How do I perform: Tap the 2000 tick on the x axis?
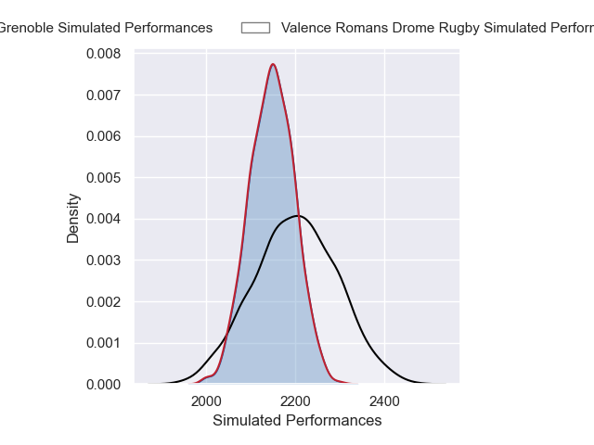[206, 401]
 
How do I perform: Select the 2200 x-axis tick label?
[295, 401]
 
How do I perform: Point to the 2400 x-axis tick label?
[384, 401]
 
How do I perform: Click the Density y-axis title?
[73, 218]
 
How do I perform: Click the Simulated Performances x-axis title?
[297, 421]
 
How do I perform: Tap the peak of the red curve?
[273, 64]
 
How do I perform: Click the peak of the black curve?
[295, 216]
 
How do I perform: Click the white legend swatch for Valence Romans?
[255, 28]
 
